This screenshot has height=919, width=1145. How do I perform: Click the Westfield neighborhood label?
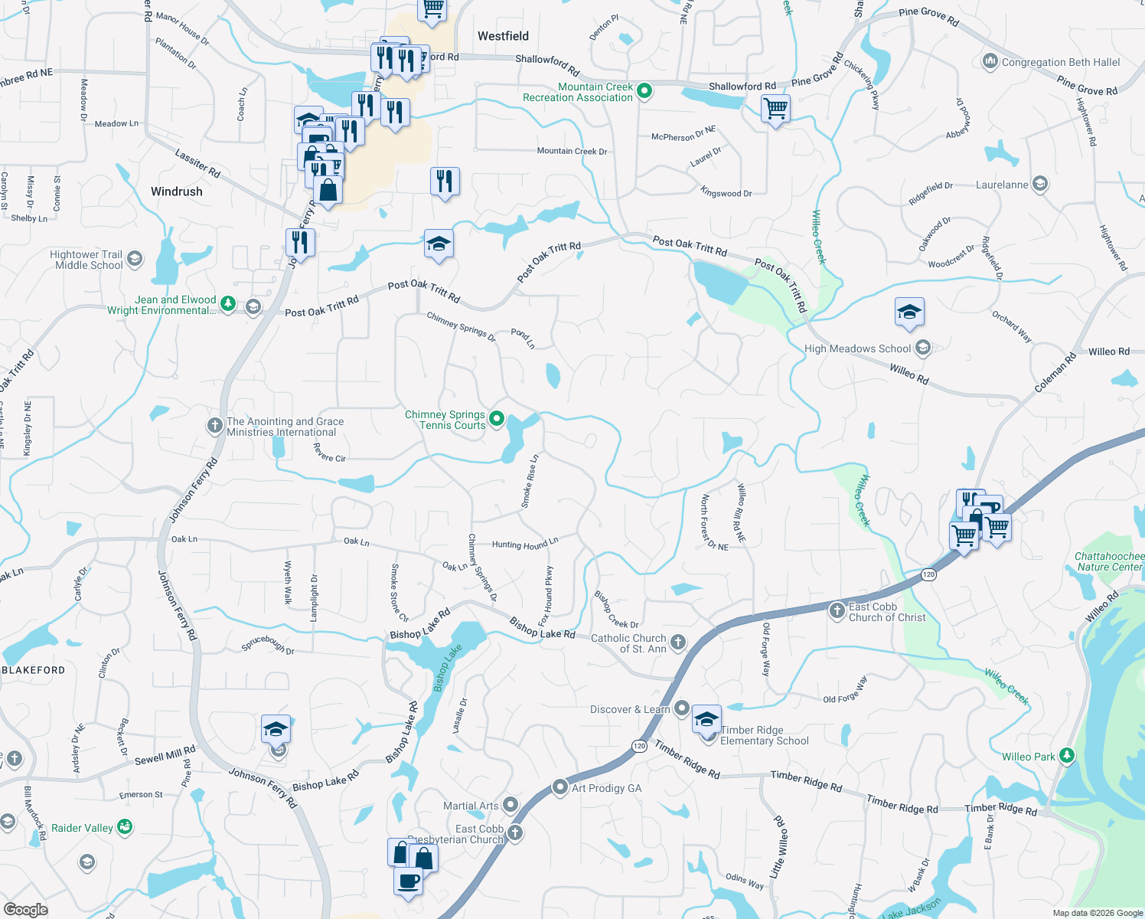[503, 36]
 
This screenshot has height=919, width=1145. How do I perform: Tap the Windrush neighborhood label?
[177, 191]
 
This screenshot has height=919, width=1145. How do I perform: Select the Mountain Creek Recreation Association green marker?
[644, 91]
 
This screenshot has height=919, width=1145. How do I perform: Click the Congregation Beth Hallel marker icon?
[990, 61]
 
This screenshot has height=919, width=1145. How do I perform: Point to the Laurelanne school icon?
[1039, 184]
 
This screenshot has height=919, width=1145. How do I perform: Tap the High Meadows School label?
[857, 348]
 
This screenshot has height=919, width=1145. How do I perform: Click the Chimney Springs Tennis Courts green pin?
[497, 418]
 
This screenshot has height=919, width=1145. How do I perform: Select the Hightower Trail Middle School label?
[86, 260]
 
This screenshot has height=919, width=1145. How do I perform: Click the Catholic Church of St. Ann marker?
[678, 642]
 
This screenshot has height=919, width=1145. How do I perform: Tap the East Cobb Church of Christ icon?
[837, 610]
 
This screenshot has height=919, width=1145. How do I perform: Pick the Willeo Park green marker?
[1066, 756]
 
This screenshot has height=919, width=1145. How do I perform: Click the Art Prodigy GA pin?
[560, 787]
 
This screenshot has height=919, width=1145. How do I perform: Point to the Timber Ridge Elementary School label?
[764, 735]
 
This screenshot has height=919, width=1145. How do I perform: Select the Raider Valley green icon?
[125, 826]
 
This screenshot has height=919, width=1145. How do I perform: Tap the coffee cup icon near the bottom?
[408, 880]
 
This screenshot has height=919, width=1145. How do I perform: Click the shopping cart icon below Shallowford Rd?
[775, 109]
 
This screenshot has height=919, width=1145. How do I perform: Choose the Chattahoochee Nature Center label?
[1109, 561]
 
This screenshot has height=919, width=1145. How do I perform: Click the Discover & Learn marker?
[681, 708]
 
